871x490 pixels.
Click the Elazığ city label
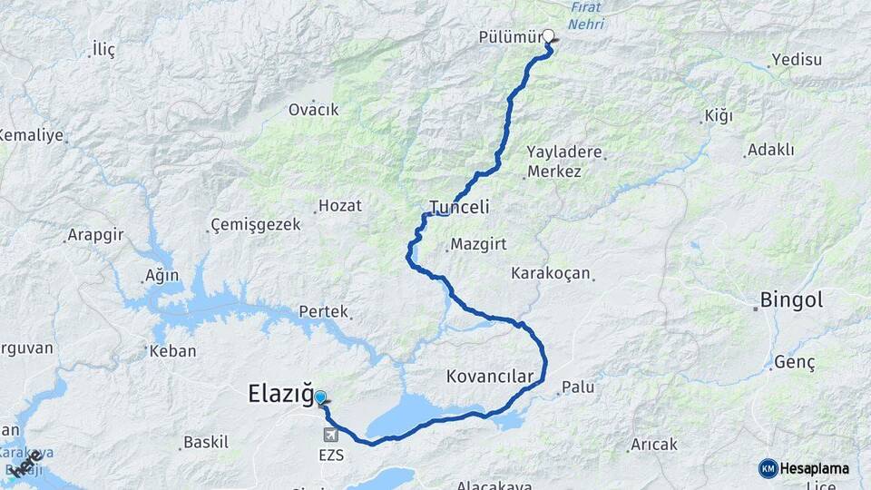pyautogui.click(x=280, y=395)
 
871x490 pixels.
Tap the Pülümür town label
pyautogui.click(x=511, y=37)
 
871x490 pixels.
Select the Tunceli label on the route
pyautogui.click(x=459, y=207)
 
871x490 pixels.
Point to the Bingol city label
pyautogui.click(x=791, y=299)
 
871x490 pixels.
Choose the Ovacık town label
pyautogui.click(x=313, y=109)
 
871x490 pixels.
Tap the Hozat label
pyautogui.click(x=340, y=206)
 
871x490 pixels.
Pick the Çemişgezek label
pyautogui.click(x=256, y=224)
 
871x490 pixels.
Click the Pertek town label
pyautogui.click(x=324, y=311)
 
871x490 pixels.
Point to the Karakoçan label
pyautogui.click(x=551, y=272)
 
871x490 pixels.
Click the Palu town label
pyautogui.click(x=578, y=387)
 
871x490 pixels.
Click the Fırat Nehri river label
pyautogui.click(x=586, y=15)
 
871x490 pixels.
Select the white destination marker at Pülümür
pyautogui.click(x=548, y=36)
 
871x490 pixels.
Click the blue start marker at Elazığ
pyautogui.click(x=320, y=397)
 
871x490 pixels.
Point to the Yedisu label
pyautogui.click(x=796, y=60)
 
